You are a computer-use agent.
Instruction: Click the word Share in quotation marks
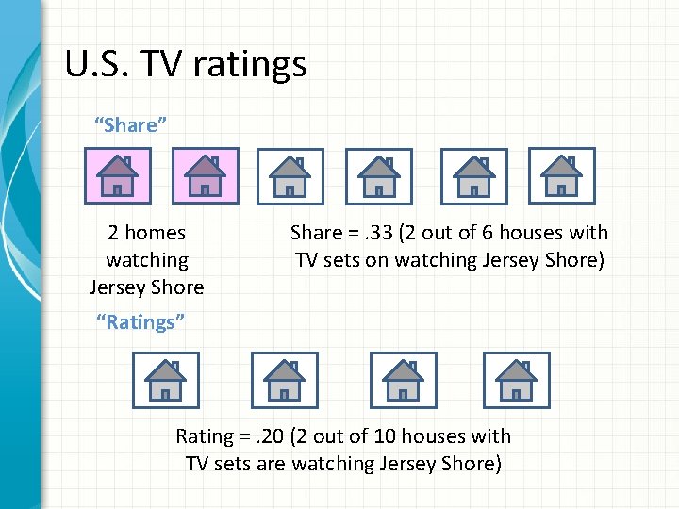(130, 125)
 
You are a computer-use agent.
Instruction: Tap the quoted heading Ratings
(141, 322)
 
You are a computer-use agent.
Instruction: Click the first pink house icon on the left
(117, 176)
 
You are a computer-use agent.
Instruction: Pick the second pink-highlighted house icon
(205, 176)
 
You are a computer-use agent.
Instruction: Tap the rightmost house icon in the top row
(561, 176)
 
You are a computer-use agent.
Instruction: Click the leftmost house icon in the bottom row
(165, 380)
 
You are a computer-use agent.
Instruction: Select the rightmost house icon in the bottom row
(516, 380)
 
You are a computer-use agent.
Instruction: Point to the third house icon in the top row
(290, 176)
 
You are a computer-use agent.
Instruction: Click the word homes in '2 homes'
(155, 233)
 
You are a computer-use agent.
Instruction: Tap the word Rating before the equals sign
(205, 436)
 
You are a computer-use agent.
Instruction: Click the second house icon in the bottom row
(284, 380)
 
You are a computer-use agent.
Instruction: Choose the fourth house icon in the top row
(379, 176)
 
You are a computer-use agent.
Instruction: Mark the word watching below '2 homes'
(146, 260)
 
